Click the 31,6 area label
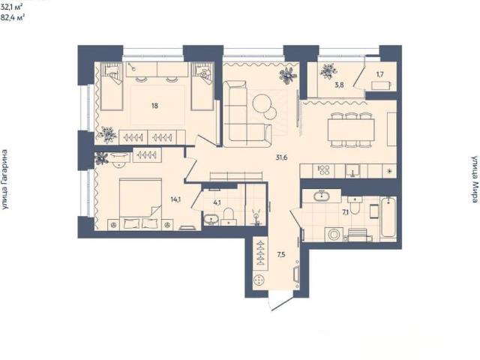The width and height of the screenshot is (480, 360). coord(281,158)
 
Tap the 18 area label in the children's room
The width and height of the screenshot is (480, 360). coord(154,106)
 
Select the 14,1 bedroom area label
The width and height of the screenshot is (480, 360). coord(175,199)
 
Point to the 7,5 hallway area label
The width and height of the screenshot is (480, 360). coord(281,254)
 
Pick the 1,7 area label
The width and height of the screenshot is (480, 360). coord(380,74)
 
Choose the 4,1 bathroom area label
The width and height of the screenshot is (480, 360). coord(217,202)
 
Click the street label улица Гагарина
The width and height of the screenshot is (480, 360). coord(4,179)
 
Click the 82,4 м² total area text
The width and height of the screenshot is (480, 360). coord(13,17)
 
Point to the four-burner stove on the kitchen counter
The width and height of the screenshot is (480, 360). coord(323,170)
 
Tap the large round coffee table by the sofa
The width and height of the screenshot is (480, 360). coord(262,102)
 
